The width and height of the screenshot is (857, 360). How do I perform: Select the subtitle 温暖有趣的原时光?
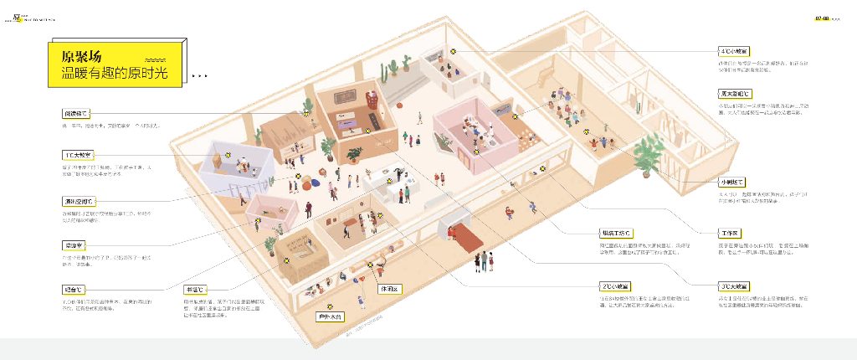pos(115,74)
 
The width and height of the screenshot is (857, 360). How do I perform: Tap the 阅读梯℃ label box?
pos(74,113)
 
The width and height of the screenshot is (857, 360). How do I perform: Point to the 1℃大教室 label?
pos(79,155)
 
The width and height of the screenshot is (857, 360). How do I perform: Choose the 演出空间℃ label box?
pos(80,202)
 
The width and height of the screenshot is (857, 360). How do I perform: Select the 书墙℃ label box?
pos(194,288)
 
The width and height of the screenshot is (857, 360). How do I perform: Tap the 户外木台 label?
pos(329,317)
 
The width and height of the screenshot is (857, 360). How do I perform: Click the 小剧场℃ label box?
pos(731,182)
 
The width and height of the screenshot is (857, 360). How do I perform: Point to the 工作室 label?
pos(729,232)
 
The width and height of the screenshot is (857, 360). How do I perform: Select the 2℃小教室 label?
pos(614,285)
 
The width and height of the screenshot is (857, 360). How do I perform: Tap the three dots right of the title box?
pos(199,76)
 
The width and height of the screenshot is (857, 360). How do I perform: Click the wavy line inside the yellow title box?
pos(156,61)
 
